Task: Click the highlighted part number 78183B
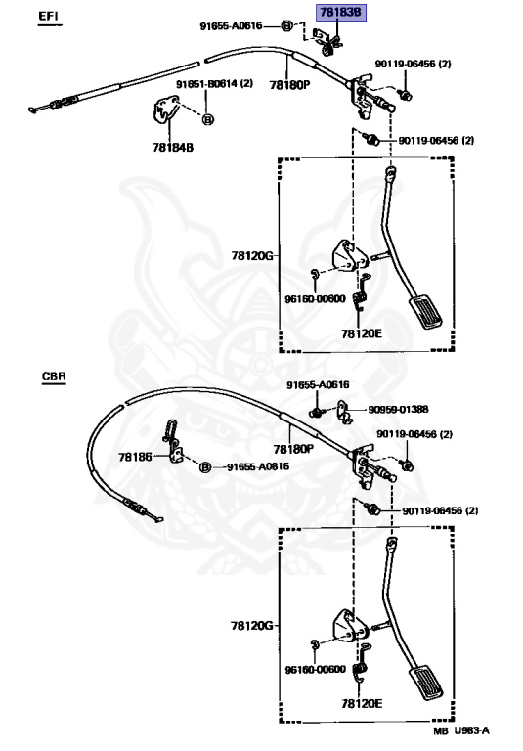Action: point(340,13)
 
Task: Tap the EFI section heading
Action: point(48,16)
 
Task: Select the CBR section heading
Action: point(54,375)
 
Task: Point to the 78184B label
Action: point(173,148)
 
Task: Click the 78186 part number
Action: point(135,457)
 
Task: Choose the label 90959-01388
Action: point(398,410)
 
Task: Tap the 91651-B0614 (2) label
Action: point(214,84)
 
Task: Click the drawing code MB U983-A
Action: point(461,730)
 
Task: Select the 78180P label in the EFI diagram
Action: point(289,85)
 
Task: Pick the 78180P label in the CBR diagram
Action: point(293,449)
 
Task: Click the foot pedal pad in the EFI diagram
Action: point(425,312)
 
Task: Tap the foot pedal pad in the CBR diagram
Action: point(425,682)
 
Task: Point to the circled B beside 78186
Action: point(205,467)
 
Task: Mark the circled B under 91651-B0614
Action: point(208,119)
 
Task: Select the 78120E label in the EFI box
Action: point(362,333)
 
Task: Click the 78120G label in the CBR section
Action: point(252,626)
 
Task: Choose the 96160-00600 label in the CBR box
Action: point(315,670)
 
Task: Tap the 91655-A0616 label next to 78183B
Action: point(231,25)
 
